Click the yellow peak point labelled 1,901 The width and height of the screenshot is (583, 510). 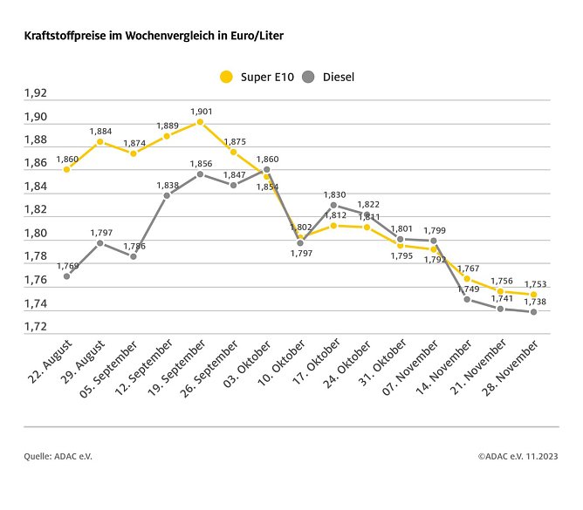(x=200, y=122)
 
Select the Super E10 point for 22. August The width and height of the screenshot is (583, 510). (x=66, y=169)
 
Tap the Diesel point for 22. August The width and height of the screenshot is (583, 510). (x=66, y=275)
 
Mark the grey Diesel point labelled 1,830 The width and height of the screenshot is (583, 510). (x=333, y=205)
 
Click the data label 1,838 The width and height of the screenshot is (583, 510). (x=167, y=185)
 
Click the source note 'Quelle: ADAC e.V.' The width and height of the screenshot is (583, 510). (x=57, y=455)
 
